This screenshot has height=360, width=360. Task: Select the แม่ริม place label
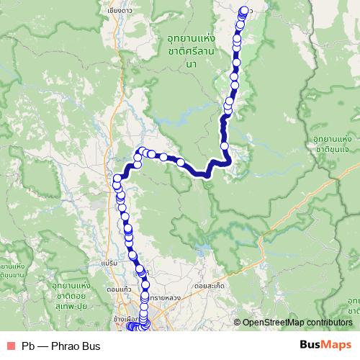coord(109,264)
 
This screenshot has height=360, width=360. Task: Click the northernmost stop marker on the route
coord(243,10)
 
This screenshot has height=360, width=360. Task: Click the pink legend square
coord(10,346)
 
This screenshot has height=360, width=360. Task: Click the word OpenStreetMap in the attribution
coord(273,323)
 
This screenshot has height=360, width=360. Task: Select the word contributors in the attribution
coord(328,323)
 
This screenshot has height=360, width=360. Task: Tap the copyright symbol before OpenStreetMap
coord(237,323)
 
